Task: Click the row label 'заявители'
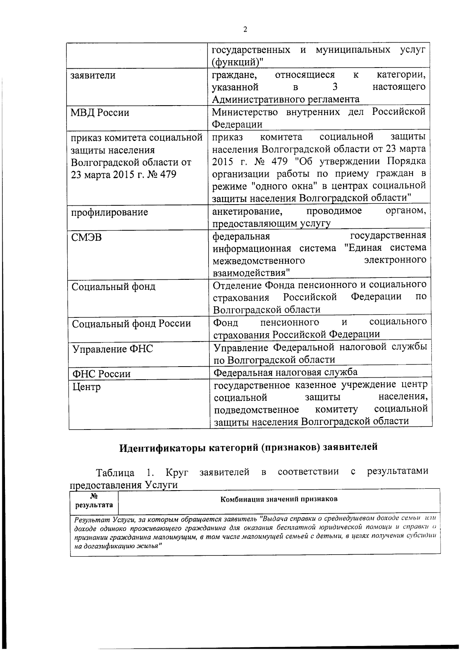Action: click(x=93, y=75)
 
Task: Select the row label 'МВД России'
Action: click(x=100, y=113)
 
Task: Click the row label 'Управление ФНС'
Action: click(x=113, y=349)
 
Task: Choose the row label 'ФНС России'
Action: click(x=101, y=373)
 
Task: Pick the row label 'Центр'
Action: click(x=86, y=387)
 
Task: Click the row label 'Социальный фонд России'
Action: click(x=131, y=324)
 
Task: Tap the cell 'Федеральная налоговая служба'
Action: click(x=285, y=372)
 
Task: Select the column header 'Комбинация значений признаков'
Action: click(x=279, y=499)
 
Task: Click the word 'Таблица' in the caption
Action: click(x=115, y=473)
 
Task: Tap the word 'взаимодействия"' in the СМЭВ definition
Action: click(x=252, y=273)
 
